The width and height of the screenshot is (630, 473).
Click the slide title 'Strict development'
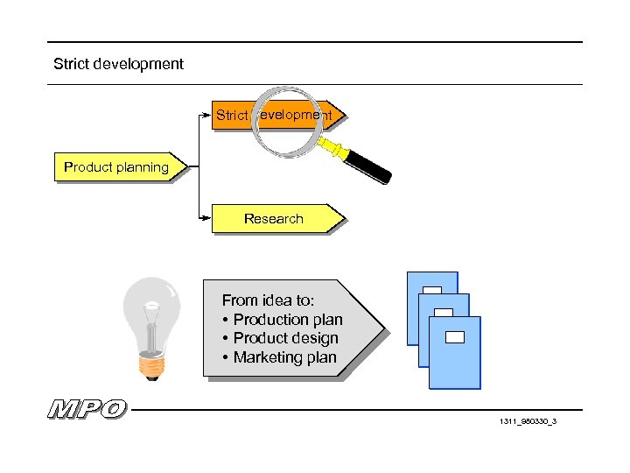click(x=118, y=64)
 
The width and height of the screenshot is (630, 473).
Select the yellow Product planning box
click(x=116, y=167)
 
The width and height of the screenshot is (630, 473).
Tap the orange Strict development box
click(x=231, y=115)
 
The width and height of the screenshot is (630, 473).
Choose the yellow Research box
click(x=274, y=219)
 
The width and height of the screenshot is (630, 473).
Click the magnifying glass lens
click(x=288, y=121)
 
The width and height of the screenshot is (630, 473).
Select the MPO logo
click(x=87, y=409)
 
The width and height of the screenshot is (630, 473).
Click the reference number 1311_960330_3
click(x=528, y=422)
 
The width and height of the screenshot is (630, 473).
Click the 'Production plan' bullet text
click(x=288, y=320)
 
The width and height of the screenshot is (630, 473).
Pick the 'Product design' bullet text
click(x=285, y=338)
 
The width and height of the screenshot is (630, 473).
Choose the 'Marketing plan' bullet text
click(x=284, y=357)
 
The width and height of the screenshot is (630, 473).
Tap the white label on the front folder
click(x=455, y=335)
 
